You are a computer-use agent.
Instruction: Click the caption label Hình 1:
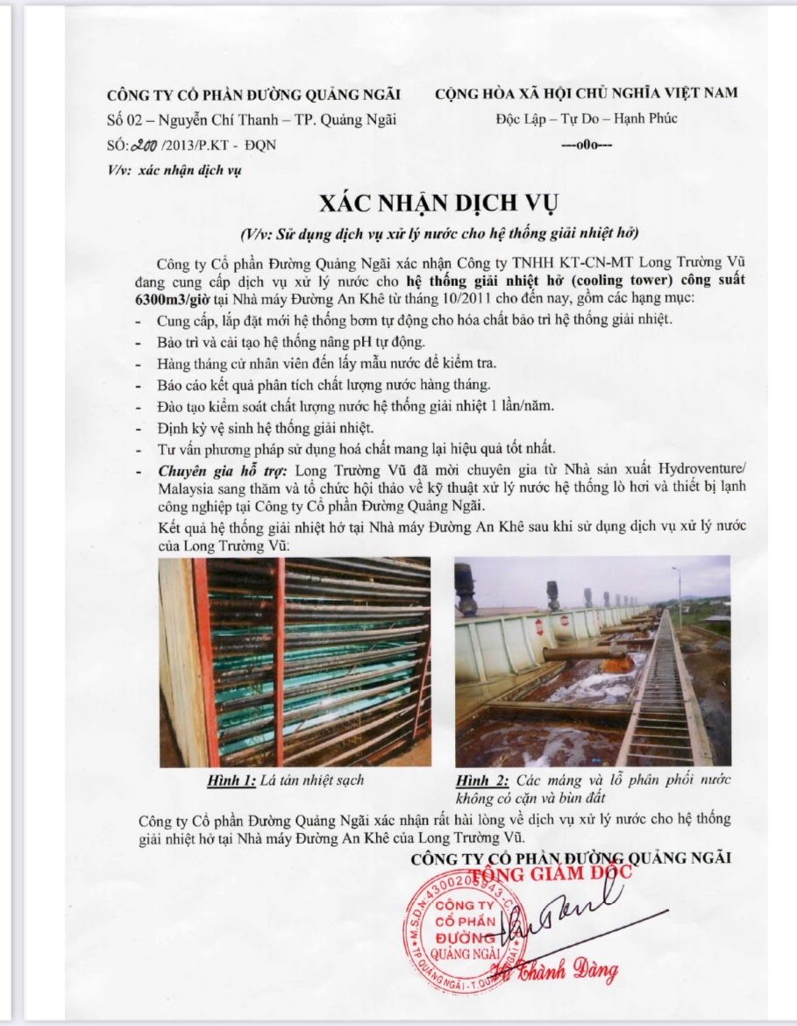coord(231,780)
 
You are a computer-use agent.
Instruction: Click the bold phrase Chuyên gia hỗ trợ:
coord(210,471)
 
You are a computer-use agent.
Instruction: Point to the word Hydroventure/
coord(686,471)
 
